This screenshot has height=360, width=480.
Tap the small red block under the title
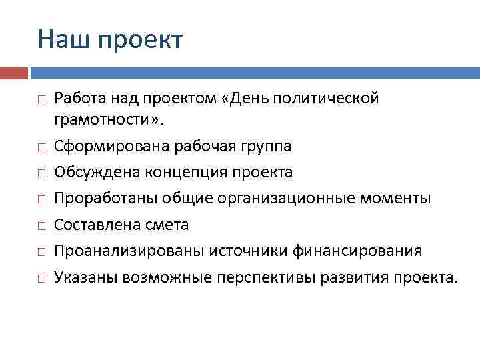tap(14, 72)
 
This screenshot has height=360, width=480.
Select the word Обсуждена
tap(93, 172)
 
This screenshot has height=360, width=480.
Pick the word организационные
tap(293, 199)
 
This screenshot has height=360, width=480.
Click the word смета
tap(168, 225)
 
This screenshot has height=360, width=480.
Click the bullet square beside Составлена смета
tap(41, 226)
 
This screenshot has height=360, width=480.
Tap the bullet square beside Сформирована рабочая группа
tap(41, 147)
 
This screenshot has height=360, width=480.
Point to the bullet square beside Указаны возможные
tap(41, 278)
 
